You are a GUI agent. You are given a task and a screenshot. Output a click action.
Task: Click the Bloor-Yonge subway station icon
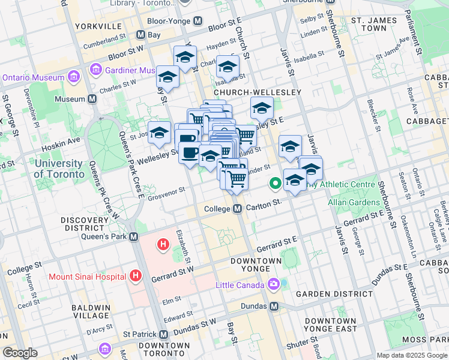[x=198, y=21]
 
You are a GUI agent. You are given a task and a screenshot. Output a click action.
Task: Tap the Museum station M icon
[x=92, y=98]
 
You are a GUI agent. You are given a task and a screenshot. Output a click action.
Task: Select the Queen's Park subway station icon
[x=133, y=237]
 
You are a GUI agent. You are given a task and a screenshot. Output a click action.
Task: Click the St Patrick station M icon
[x=164, y=334]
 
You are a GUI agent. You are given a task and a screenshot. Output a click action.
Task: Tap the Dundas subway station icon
[x=274, y=306]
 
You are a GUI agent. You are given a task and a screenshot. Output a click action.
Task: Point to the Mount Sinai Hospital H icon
[x=136, y=276]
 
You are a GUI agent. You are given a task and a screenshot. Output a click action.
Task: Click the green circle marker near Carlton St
[x=276, y=182]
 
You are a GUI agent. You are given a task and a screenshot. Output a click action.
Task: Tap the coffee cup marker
[x=190, y=152]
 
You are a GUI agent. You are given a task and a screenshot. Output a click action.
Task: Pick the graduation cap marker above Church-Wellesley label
[x=228, y=67]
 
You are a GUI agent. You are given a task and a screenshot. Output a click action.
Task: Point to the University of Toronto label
[x=59, y=169]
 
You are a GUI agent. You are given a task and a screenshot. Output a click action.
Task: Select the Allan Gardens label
[x=352, y=203]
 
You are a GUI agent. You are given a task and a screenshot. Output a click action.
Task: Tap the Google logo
[x=20, y=353]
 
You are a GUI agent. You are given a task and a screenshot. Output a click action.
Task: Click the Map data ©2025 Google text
[x=411, y=355]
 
